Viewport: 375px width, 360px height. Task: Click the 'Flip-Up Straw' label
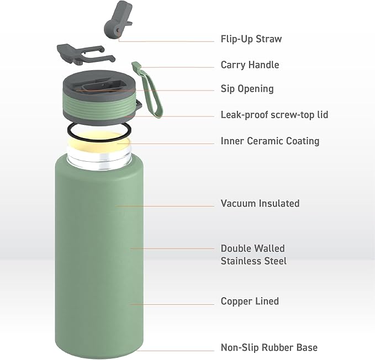[x=251, y=40]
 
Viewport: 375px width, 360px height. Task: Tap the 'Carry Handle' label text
[x=250, y=65]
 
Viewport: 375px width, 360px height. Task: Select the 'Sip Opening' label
[x=247, y=89]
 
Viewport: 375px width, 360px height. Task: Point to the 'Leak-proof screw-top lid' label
[x=274, y=115]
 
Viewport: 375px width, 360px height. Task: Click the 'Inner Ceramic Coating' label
[x=270, y=141]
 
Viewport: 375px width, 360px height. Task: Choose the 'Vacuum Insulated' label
[x=260, y=204]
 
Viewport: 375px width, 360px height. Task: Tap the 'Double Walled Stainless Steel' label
[x=253, y=255]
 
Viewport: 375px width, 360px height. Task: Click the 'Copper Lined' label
[x=250, y=301]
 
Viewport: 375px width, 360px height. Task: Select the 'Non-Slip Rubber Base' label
[x=269, y=348]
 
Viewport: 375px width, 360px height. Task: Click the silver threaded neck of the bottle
[x=99, y=160]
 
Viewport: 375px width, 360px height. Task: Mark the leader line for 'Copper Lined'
[x=171, y=304]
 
